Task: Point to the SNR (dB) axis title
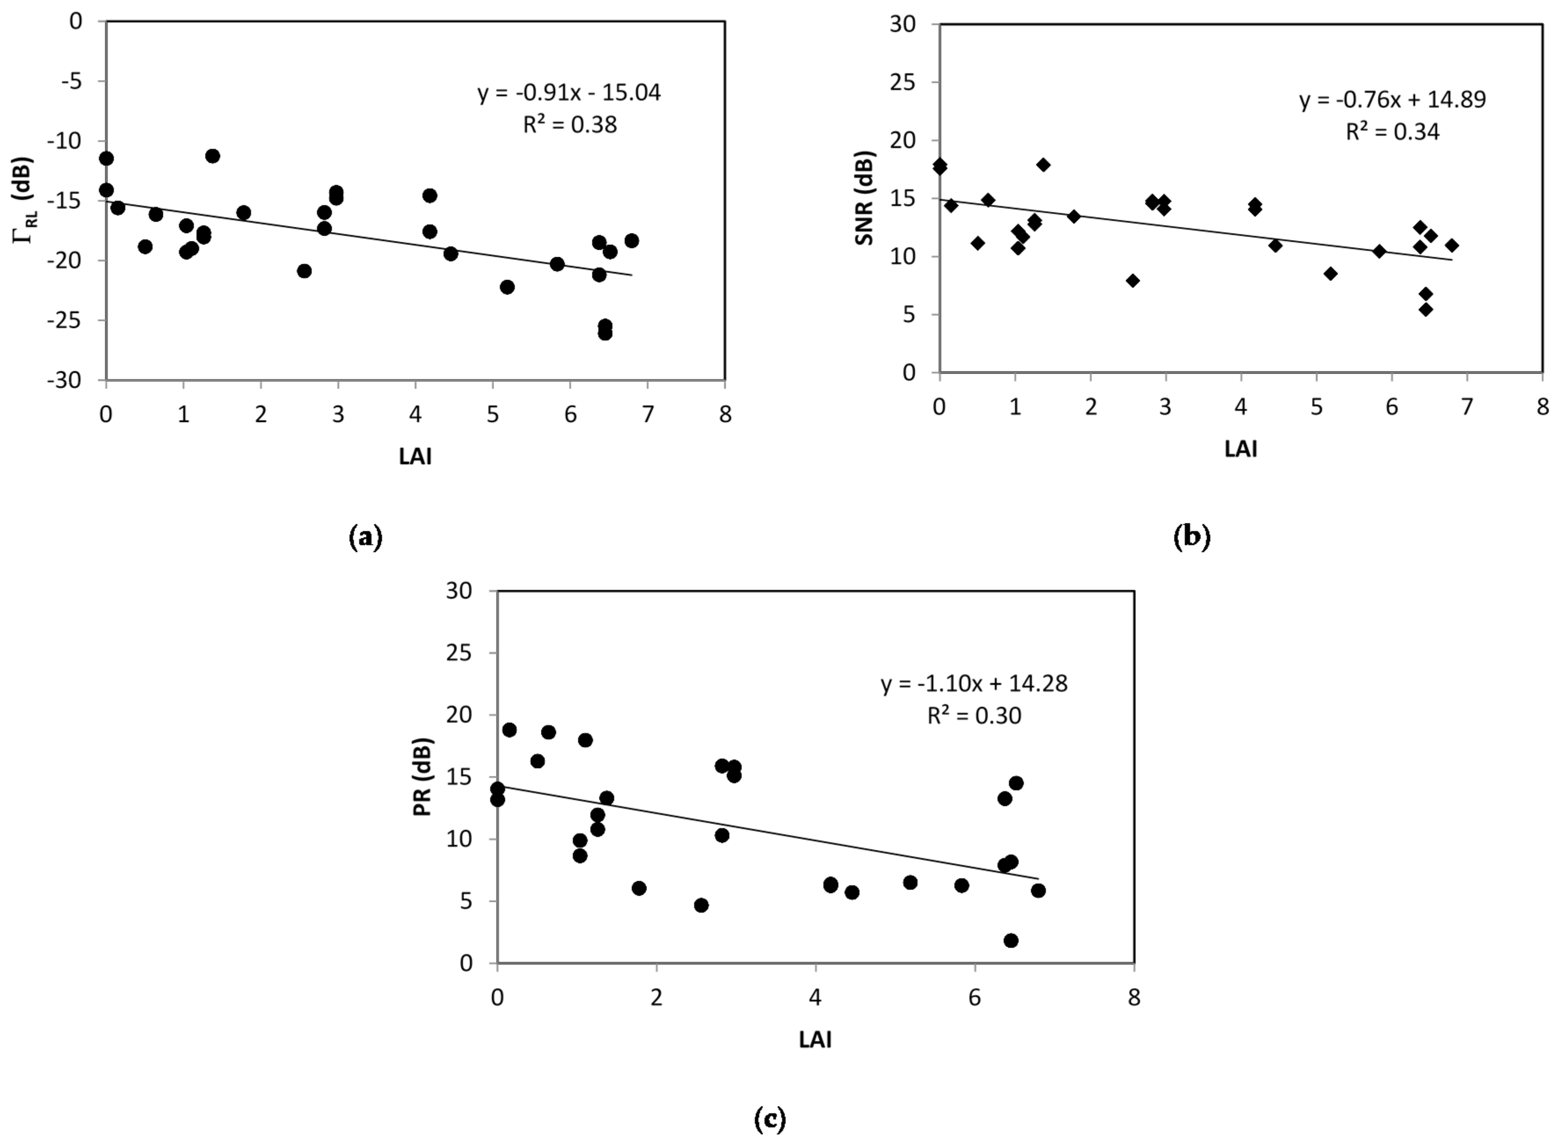pyautogui.click(x=864, y=198)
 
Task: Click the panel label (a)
pyautogui.click(x=365, y=537)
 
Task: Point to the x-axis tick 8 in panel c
pyautogui.click(x=1134, y=997)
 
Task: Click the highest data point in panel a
pyautogui.click(x=213, y=156)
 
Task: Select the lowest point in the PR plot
pyautogui.click(x=1011, y=941)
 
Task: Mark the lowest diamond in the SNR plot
pyautogui.click(x=1425, y=309)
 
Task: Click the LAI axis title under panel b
pyautogui.click(x=1241, y=450)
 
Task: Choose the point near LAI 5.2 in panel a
pyautogui.click(x=507, y=287)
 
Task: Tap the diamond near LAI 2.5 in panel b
pyautogui.click(x=1132, y=280)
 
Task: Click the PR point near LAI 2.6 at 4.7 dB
pyautogui.click(x=701, y=905)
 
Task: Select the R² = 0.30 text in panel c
pyautogui.click(x=974, y=716)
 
